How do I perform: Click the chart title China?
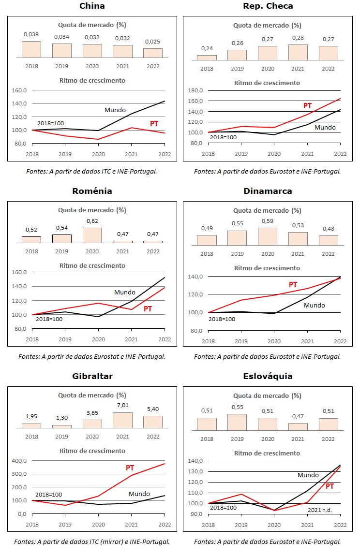click(92, 6)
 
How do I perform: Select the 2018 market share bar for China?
click(31, 49)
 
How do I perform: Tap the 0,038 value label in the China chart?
click(31, 35)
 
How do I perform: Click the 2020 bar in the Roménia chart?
click(92, 235)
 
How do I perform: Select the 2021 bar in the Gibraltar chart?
click(122, 420)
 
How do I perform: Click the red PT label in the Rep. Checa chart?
click(307, 106)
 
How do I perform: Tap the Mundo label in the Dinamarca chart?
click(314, 305)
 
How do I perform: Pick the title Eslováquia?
click(268, 376)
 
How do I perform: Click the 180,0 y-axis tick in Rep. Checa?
click(195, 90)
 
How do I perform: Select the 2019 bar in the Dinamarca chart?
click(237, 238)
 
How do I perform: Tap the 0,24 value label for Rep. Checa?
click(207, 48)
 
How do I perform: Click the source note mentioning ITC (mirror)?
click(92, 541)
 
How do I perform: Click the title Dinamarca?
click(268, 191)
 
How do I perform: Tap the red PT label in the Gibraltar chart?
click(130, 468)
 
